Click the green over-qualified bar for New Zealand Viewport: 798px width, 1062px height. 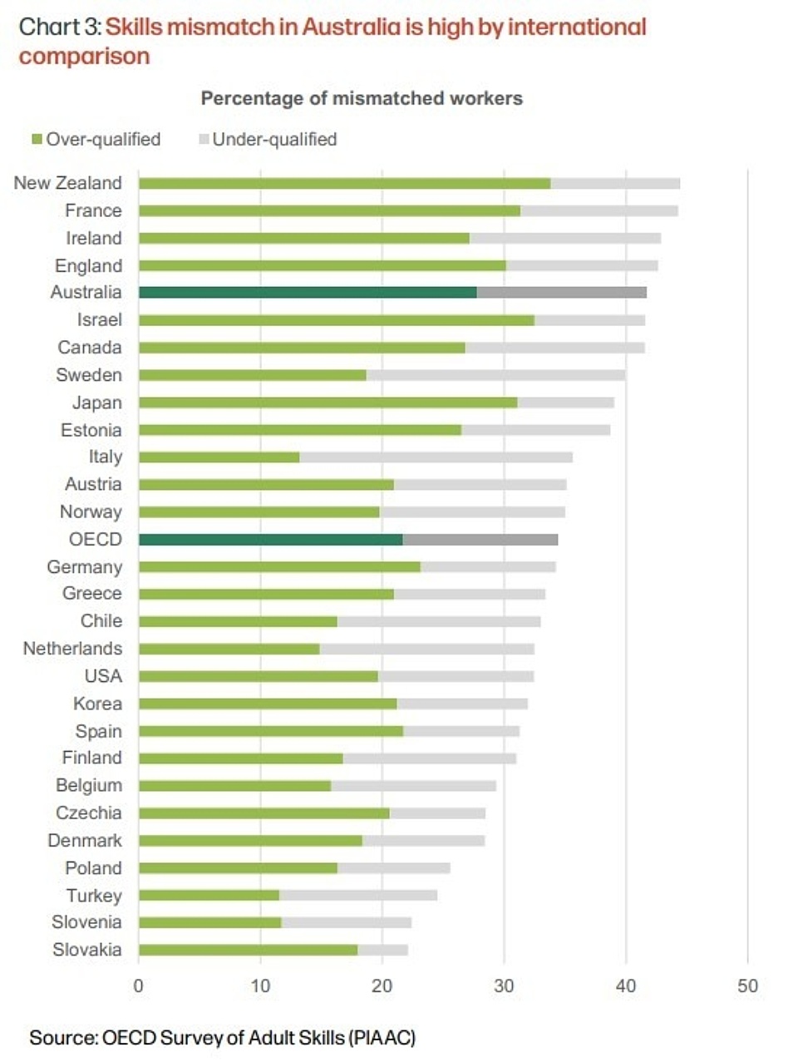point(344,183)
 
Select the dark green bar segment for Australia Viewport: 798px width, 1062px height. point(308,293)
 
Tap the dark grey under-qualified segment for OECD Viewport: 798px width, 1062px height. point(480,540)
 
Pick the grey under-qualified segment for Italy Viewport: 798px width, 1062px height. point(436,457)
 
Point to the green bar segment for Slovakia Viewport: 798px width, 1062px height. point(248,950)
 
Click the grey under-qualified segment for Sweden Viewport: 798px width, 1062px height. point(495,375)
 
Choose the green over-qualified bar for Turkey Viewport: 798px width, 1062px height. point(209,896)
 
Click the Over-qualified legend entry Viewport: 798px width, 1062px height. point(96,140)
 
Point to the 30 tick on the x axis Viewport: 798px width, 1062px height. point(504,986)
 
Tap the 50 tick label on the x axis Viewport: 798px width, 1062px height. point(747,986)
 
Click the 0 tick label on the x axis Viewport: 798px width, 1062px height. point(139,986)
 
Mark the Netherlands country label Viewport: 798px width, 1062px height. point(72,649)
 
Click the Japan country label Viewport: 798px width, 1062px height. point(96,403)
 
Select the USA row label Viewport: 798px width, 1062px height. point(103,676)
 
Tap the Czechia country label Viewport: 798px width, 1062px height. point(88,813)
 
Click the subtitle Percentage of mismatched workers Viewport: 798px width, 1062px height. point(362,98)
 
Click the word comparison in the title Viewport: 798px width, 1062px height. point(85,57)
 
